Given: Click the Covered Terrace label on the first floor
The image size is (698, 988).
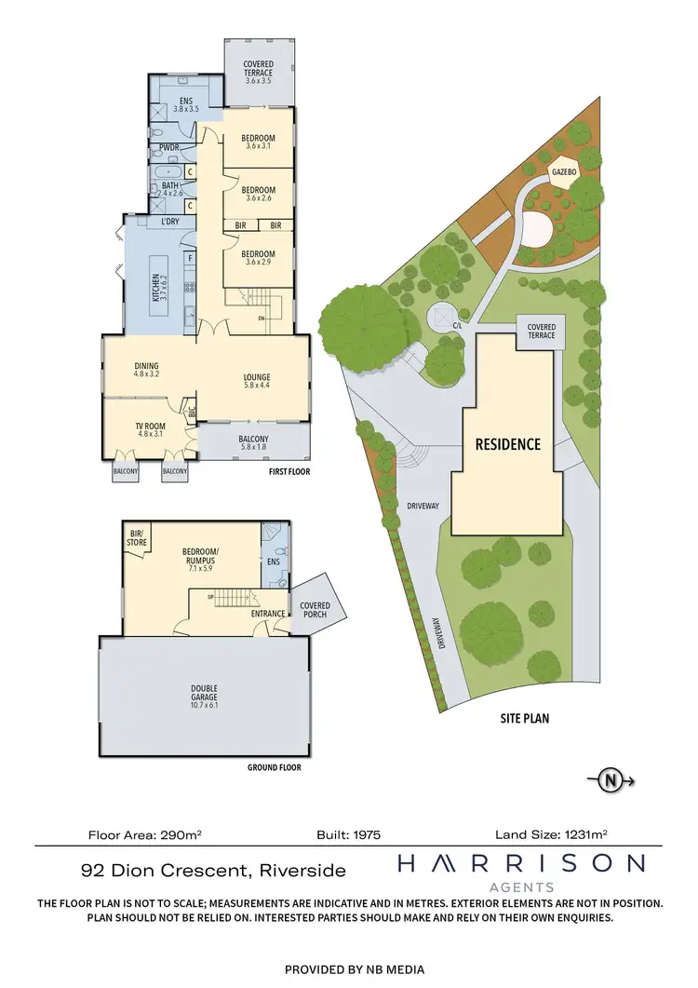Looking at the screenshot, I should [x=259, y=72].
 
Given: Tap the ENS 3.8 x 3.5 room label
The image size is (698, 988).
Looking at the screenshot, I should [x=185, y=104].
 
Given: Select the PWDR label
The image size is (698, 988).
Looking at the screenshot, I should [x=168, y=146].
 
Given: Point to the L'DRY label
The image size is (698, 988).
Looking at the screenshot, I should [x=169, y=221].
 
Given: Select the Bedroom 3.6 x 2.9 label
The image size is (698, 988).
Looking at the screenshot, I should [x=259, y=258].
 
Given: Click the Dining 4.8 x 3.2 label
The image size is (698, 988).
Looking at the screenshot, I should [x=147, y=370].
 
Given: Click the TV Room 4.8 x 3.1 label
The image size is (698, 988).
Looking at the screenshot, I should [x=150, y=428].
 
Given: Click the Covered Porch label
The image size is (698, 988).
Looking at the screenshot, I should [x=315, y=611].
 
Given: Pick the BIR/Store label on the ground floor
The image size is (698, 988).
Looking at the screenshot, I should [x=136, y=536].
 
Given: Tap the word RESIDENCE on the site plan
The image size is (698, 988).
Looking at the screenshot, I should [x=507, y=444].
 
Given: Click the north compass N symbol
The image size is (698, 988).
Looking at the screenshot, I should [x=611, y=781].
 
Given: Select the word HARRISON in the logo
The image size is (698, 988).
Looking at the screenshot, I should [x=520, y=864].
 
